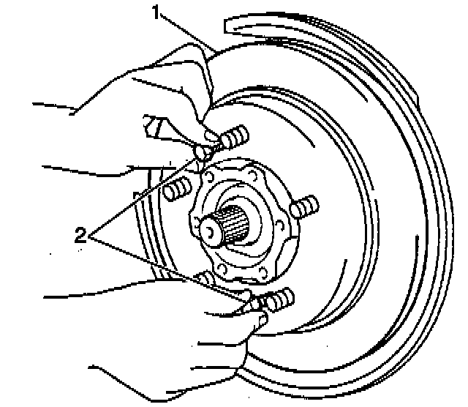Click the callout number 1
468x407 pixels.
coord(155,12)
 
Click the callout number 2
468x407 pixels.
coord(81,235)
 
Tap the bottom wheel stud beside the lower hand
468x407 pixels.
coord(279,298)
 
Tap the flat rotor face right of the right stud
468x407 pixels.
coord(351,220)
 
